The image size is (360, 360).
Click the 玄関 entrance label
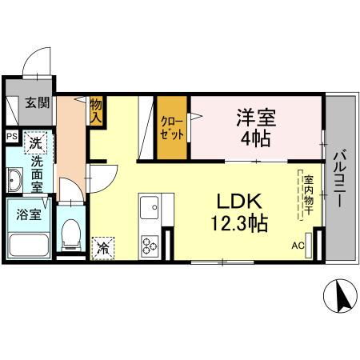point(36,102)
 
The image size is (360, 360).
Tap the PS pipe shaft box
point(11,136)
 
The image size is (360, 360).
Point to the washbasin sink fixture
point(15,181)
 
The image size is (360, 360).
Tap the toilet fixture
point(72,234)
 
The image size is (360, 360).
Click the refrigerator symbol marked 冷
point(103,248)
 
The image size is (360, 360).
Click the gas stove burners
point(149,244)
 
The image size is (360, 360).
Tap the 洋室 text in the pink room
point(255,118)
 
